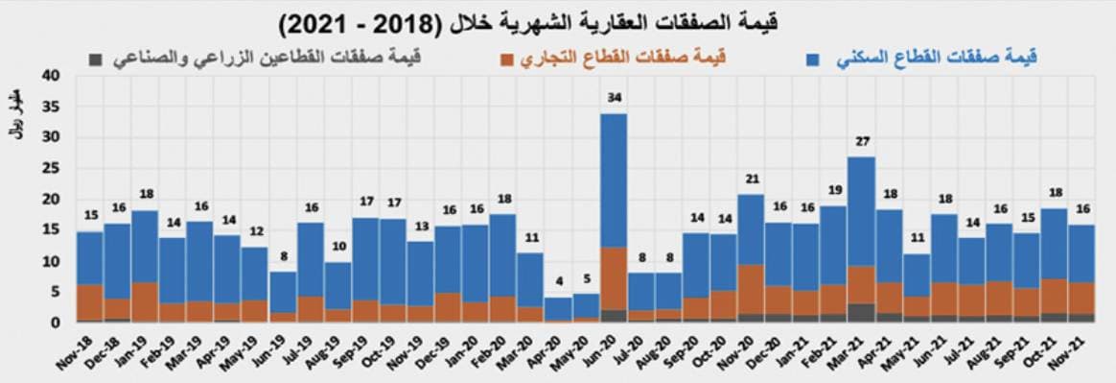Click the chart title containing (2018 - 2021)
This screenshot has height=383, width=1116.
(558, 21)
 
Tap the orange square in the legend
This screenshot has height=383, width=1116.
(506, 60)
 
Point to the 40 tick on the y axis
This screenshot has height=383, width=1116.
(52, 75)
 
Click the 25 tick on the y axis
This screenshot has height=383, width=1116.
(52, 168)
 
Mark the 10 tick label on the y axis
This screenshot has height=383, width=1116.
(52, 261)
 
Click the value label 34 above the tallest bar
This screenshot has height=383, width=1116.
(613, 98)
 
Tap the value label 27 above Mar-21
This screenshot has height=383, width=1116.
(861, 141)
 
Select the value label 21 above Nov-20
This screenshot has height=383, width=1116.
(751, 179)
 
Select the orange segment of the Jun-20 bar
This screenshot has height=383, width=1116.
(614, 278)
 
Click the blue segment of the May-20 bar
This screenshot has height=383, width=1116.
(586, 305)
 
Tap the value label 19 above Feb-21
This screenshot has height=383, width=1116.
(833, 190)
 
